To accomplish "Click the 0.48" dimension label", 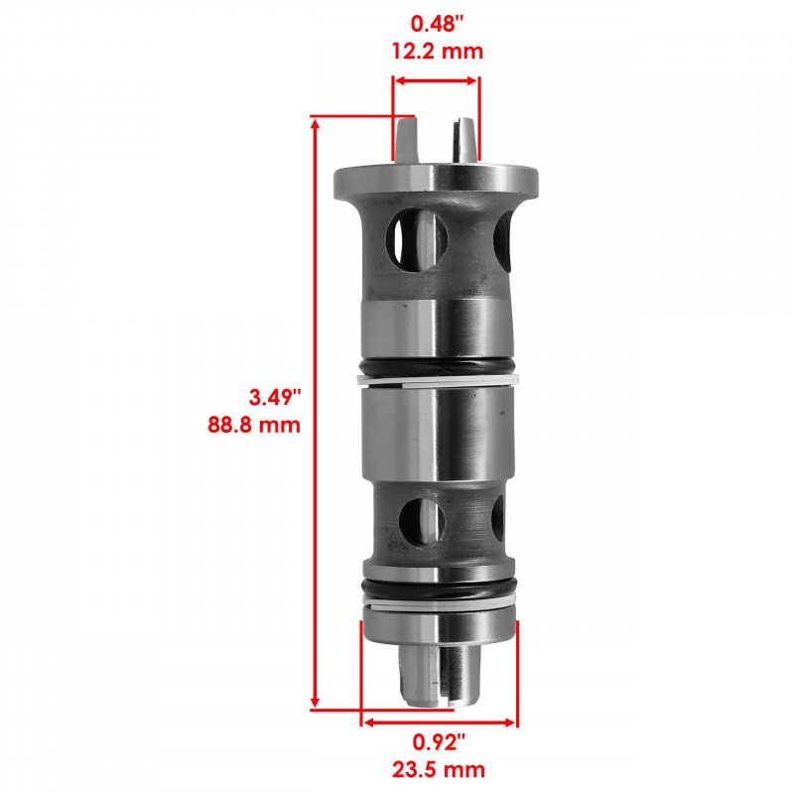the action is click(x=437, y=24).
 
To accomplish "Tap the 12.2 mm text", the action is click(x=438, y=52).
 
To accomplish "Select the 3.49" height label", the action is click(x=275, y=397).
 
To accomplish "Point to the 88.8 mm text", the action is click(x=254, y=425).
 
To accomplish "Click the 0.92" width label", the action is click(x=439, y=742).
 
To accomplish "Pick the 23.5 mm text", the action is click(x=439, y=770).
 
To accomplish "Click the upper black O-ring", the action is click(x=439, y=365).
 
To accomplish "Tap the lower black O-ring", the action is click(x=440, y=589).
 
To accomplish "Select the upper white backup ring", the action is click(x=439, y=380).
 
